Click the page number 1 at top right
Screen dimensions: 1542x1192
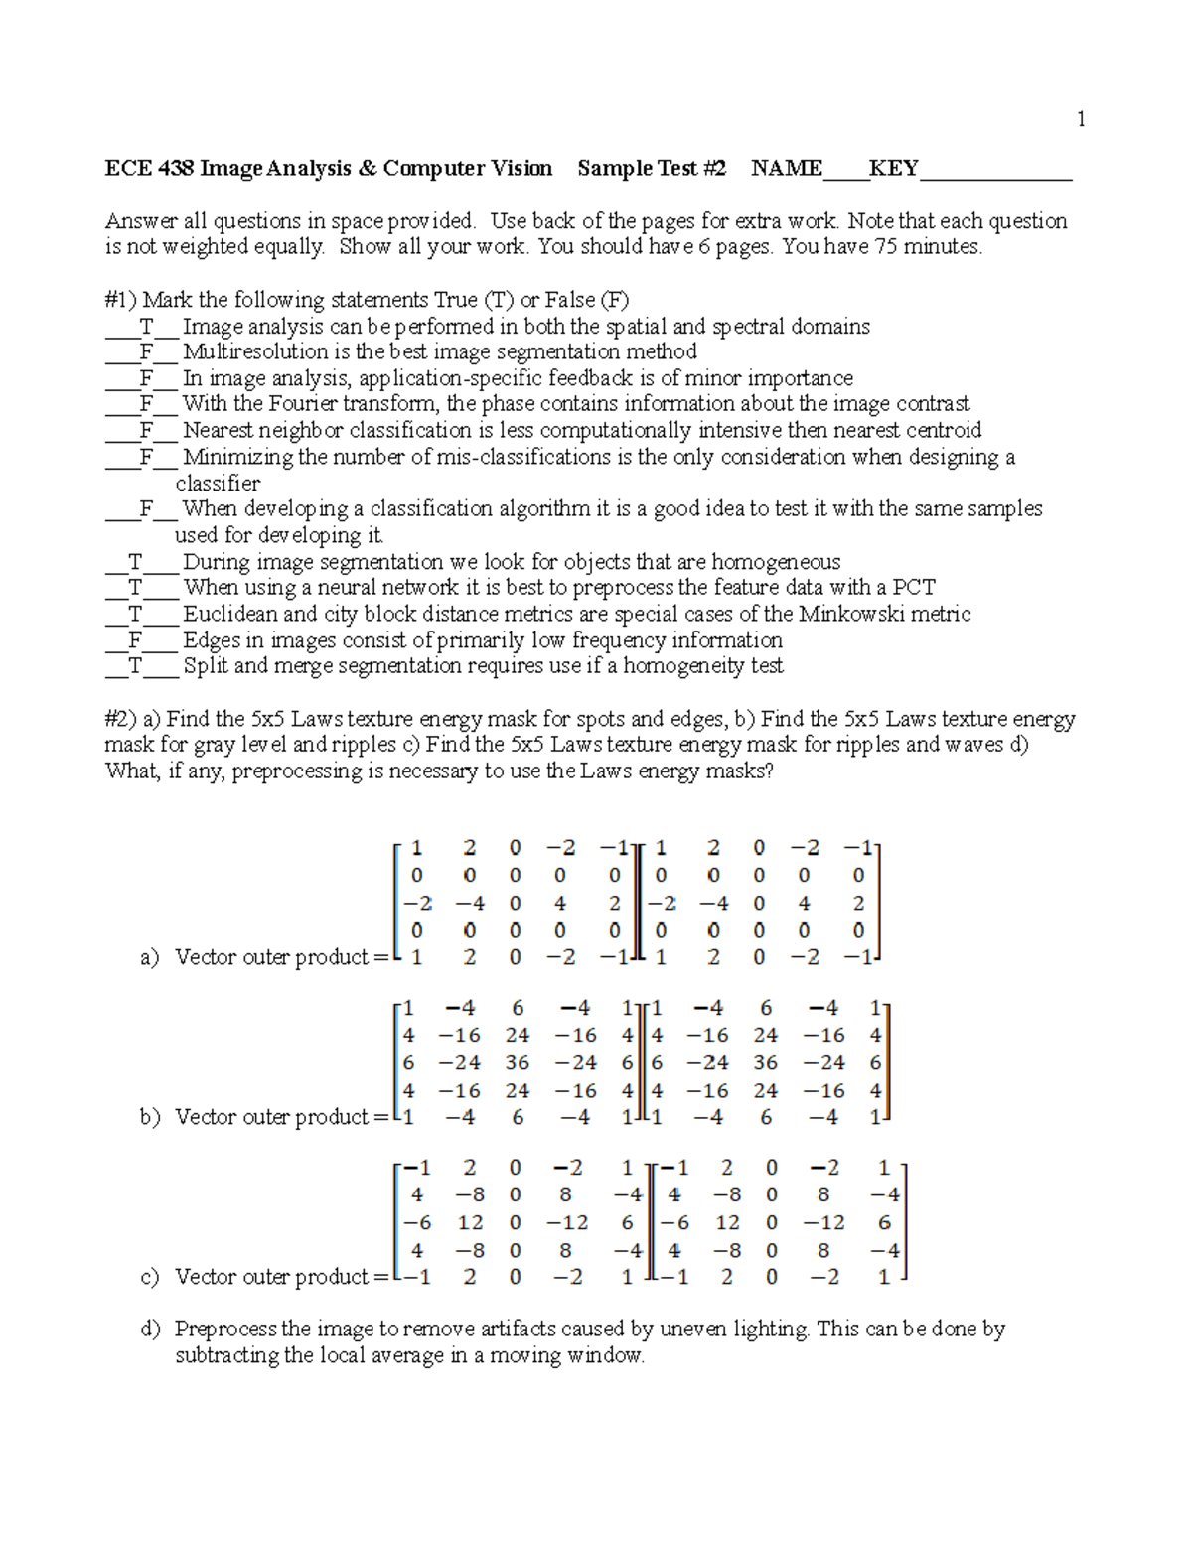tap(1081, 120)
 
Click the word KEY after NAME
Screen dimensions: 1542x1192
tap(893, 168)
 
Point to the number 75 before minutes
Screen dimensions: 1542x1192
tap(885, 247)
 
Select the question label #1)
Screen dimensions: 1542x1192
tap(121, 300)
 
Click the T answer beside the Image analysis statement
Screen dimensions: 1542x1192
tap(146, 327)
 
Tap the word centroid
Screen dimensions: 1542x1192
tap(940, 430)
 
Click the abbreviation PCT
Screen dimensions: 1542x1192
tap(914, 587)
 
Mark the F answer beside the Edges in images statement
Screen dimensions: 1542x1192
tap(135, 640)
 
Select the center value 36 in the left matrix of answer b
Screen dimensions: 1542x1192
tap(517, 1062)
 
